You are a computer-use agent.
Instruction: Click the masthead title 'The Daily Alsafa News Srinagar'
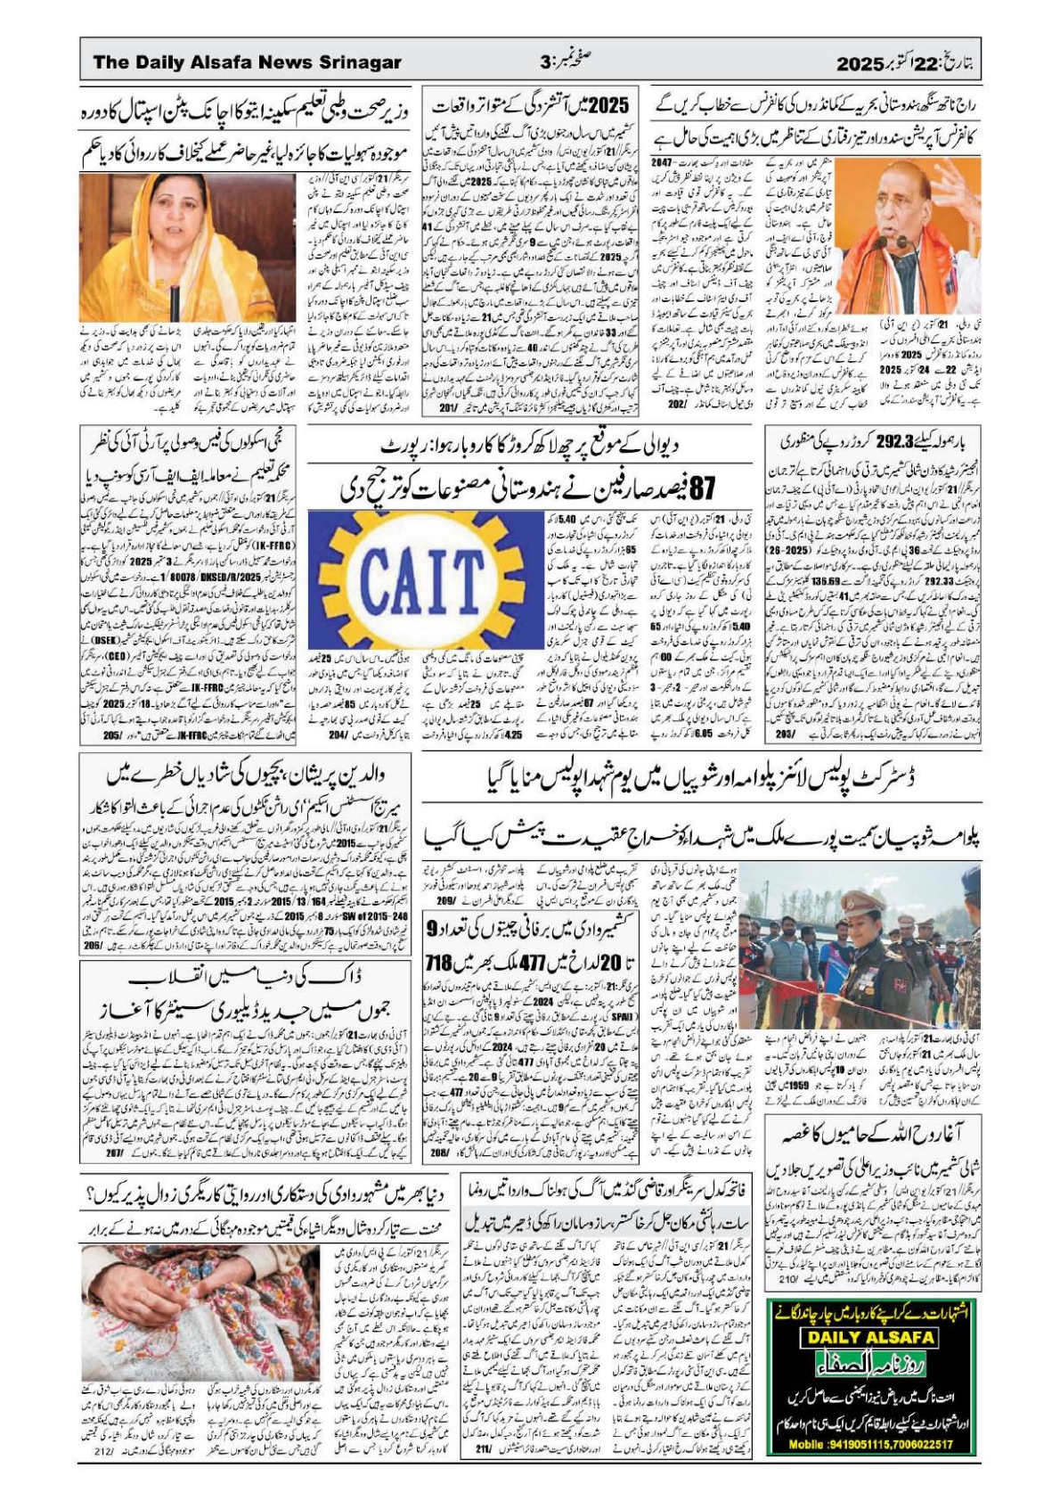click(x=247, y=62)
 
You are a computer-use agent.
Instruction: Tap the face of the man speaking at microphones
click(x=894, y=201)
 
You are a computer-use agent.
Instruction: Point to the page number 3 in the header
click(x=546, y=62)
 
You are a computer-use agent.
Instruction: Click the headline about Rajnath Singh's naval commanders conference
click(x=815, y=105)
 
